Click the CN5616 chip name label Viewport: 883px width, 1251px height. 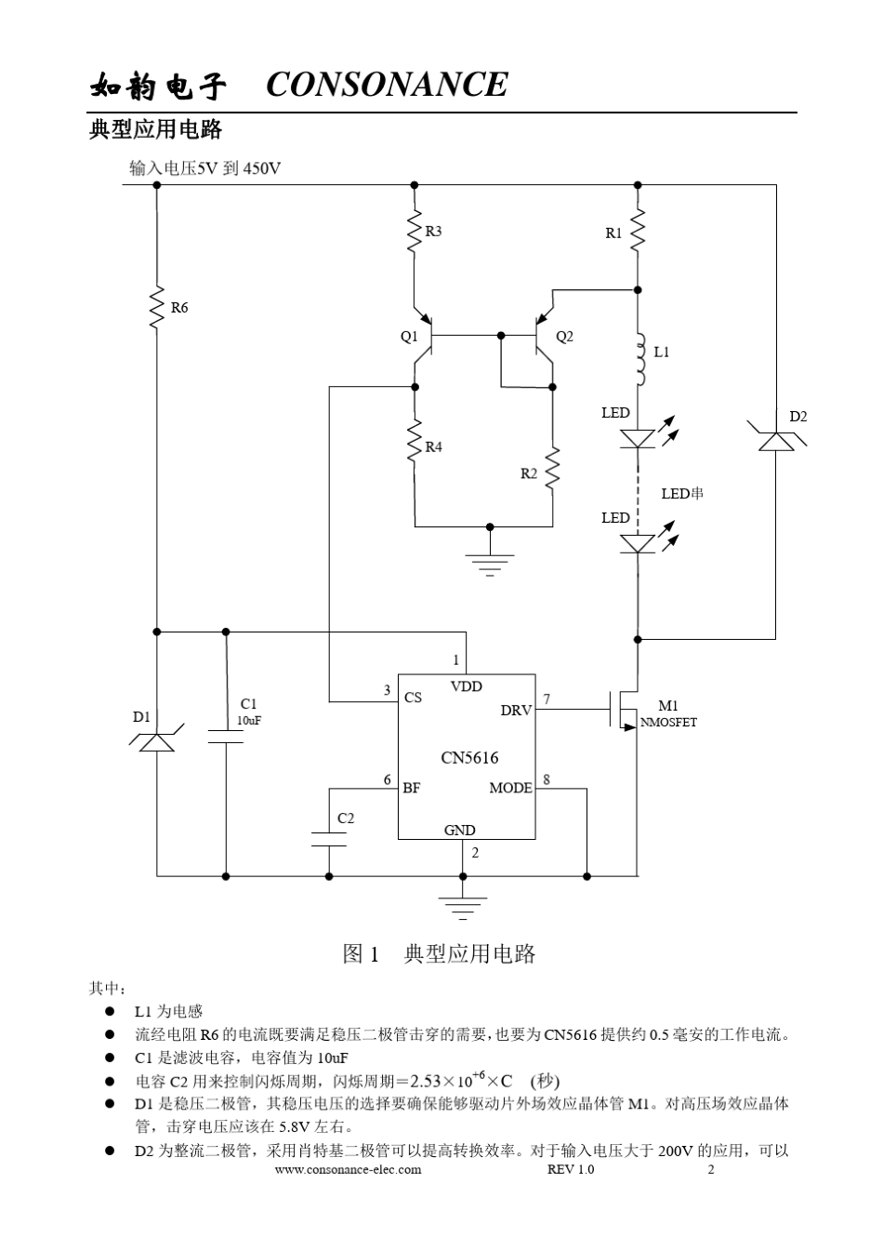[x=469, y=757]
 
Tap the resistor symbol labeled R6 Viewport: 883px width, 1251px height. [x=156, y=307]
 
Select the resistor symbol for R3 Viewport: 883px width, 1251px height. [x=415, y=233]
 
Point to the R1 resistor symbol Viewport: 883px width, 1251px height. [x=638, y=233]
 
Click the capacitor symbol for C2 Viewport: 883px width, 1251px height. [x=329, y=839]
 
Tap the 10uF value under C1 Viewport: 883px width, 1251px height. [x=248, y=720]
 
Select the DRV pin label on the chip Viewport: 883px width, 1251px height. [x=516, y=710]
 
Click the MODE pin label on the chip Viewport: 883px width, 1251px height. [x=510, y=788]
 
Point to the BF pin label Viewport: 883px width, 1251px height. [x=411, y=788]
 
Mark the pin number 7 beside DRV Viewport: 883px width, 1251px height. [x=547, y=699]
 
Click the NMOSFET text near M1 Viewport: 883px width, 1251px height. [x=668, y=722]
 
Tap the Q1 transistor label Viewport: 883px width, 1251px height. [x=409, y=336]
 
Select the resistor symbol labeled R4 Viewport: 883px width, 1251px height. [x=415, y=446]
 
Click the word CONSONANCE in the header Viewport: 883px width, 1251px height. [x=387, y=85]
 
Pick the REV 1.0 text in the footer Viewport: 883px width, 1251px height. [x=571, y=1169]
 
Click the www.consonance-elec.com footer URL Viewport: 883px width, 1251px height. [x=349, y=1169]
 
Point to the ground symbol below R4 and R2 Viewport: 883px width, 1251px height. [x=489, y=564]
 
